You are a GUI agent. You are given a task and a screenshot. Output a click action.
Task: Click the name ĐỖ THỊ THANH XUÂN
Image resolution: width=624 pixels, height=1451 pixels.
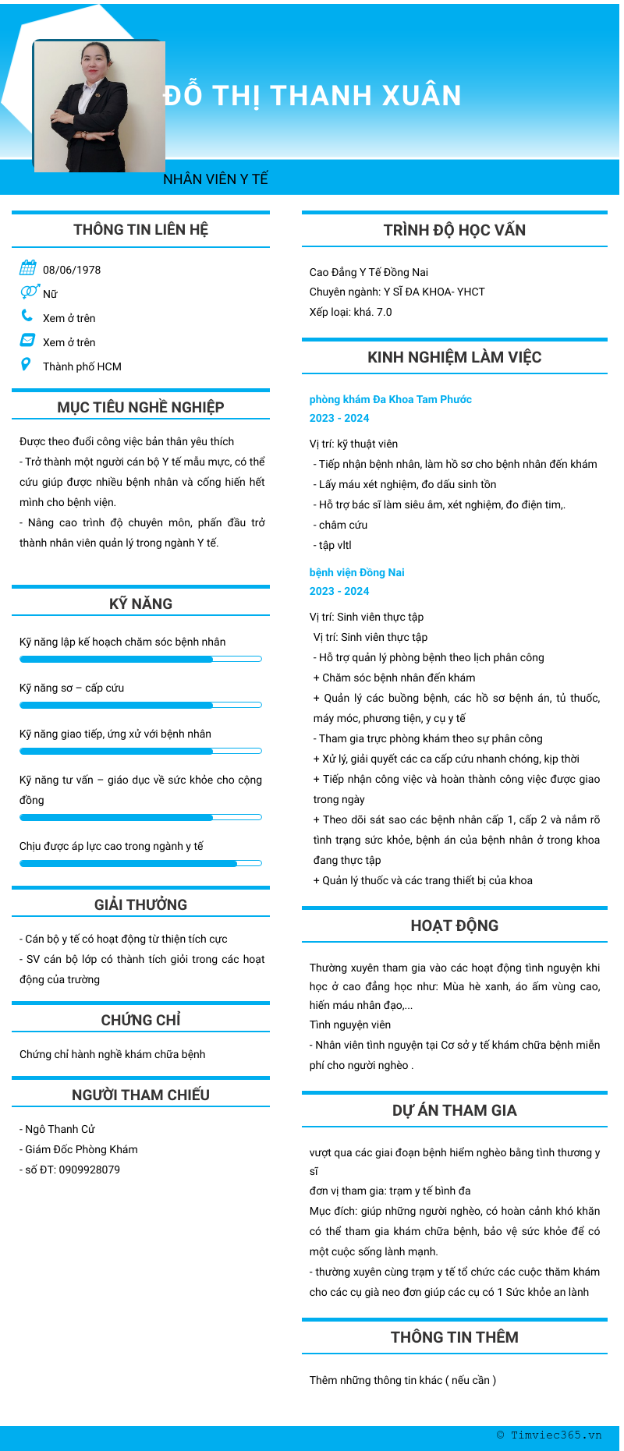[312, 96]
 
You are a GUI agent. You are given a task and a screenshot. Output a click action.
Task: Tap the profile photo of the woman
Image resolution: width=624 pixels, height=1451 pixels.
[99, 107]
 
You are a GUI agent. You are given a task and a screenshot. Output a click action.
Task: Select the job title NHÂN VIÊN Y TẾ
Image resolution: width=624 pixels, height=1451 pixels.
[215, 179]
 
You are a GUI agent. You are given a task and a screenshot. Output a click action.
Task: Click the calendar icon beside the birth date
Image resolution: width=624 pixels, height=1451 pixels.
[28, 268]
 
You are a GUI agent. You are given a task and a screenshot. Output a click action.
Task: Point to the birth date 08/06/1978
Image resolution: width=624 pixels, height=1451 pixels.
[72, 270]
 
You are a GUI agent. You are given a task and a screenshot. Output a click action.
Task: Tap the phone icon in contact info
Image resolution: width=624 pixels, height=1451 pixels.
[27, 316]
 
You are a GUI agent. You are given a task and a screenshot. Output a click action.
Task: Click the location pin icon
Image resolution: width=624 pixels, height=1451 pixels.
[27, 364]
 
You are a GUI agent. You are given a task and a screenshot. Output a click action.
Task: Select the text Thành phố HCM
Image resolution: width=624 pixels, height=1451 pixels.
[82, 366]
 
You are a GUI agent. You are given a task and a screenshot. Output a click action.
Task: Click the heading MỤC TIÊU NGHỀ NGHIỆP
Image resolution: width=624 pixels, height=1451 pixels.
[140, 407]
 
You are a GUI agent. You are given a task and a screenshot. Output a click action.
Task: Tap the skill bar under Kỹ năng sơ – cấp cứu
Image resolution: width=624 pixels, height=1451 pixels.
[140, 705]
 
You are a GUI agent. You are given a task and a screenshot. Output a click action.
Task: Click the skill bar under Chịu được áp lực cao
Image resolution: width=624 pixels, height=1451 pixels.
[140, 863]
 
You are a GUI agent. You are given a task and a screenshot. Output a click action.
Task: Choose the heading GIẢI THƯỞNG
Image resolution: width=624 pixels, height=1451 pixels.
[140, 904]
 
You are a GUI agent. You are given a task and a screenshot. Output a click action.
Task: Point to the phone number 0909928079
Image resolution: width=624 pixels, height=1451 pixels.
[90, 1170]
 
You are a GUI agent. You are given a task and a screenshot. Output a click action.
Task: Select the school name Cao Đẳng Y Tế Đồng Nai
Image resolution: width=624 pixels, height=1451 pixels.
[369, 272]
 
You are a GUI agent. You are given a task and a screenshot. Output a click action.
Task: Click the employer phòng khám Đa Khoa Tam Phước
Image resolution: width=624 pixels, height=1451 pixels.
[390, 399]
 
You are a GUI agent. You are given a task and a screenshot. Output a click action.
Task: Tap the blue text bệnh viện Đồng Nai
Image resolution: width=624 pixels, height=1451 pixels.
[356, 572]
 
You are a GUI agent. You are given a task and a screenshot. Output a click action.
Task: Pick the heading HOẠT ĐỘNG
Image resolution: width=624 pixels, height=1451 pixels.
[454, 925]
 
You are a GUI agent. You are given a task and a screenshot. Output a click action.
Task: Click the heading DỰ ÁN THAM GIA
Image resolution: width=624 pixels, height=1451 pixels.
[454, 1110]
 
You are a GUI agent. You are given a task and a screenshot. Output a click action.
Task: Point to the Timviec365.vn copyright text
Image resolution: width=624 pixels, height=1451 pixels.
[549, 1435]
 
